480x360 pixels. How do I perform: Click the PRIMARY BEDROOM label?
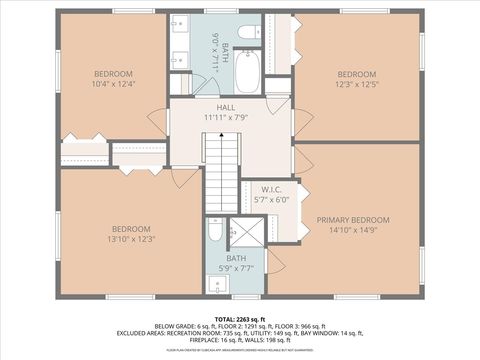[x=353, y=220]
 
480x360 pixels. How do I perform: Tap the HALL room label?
[x=226, y=106]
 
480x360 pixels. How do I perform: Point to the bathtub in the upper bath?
[x=247, y=72]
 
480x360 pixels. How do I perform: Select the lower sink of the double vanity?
[x=180, y=56]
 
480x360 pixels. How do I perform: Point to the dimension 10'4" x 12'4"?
[x=115, y=85]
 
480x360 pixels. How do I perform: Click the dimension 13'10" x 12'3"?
[x=133, y=238]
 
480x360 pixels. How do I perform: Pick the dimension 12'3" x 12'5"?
[x=356, y=85]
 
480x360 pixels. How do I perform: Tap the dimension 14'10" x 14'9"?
[x=353, y=230]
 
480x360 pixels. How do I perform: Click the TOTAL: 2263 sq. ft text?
[x=239, y=316]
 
